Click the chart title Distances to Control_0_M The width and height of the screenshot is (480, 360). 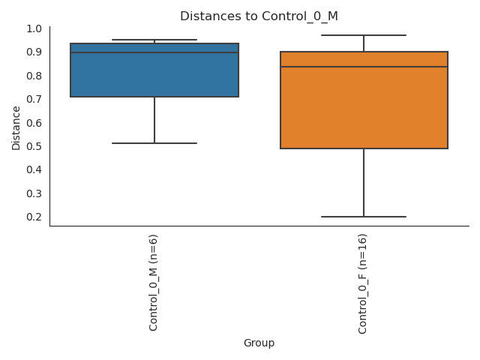259,16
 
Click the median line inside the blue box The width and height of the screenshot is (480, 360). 154,52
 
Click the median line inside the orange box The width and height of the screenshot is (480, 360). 364,67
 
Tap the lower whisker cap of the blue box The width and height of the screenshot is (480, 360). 154,143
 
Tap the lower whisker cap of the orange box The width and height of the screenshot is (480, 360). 364,217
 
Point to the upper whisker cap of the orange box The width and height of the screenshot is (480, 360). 364,35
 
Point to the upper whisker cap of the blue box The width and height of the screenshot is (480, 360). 154,40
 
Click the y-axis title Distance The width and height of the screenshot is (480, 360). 16,127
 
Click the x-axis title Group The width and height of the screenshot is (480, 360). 259,343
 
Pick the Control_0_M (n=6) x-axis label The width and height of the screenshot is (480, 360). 154,282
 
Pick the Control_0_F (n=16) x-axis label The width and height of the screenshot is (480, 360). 363,283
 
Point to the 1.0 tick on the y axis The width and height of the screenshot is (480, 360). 34,28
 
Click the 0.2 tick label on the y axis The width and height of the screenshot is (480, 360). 34,217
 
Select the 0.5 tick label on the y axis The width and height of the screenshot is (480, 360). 34,146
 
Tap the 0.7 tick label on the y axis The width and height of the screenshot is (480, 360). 34,99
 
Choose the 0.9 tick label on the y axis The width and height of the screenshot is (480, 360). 34,52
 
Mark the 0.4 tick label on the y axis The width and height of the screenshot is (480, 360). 34,169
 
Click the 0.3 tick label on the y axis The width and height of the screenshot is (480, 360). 34,193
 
